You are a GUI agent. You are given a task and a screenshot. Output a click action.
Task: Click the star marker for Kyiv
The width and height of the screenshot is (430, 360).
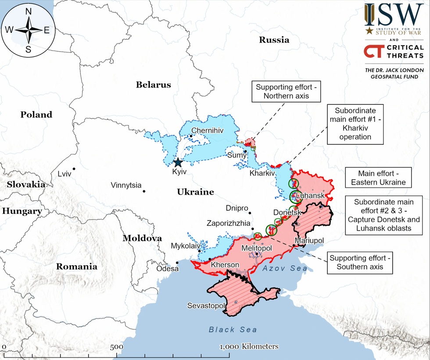[178, 162]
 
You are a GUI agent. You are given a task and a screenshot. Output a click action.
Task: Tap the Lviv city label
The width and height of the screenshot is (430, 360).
[64, 174]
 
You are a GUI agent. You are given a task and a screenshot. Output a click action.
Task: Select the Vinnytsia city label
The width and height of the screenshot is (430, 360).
[126, 185]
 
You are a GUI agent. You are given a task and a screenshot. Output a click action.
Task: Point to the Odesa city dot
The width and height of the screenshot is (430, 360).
[177, 263]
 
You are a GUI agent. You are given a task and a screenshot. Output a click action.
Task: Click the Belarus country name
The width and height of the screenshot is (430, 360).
[153, 85]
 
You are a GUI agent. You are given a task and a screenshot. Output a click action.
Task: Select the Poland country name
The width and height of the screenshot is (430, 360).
[36, 115]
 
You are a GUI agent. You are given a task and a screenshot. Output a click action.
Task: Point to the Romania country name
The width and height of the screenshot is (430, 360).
[76, 266]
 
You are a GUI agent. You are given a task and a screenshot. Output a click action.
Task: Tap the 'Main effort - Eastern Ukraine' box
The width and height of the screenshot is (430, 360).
[378, 178]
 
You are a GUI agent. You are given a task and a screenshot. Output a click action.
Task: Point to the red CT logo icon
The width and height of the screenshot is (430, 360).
[372, 51]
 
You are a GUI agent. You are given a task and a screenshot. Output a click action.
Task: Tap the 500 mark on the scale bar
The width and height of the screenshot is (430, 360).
[116, 346]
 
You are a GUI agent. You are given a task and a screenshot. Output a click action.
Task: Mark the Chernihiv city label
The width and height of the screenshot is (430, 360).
[208, 131]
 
